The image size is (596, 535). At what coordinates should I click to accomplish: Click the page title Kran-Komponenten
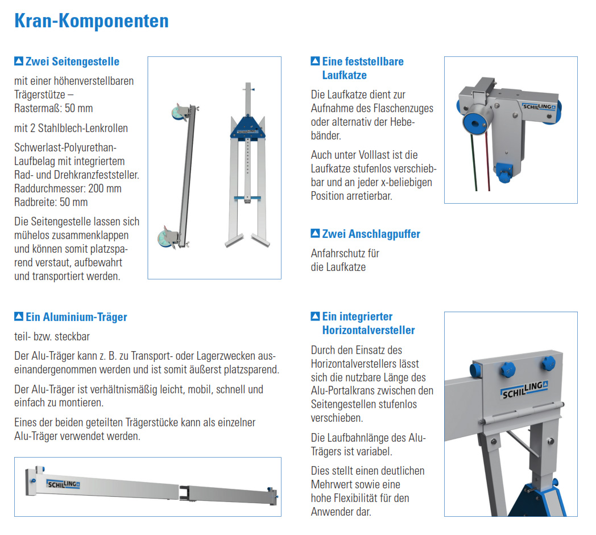click(91, 22)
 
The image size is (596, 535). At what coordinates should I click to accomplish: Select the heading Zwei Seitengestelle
click(72, 61)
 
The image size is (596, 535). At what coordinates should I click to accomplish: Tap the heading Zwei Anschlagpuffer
click(371, 234)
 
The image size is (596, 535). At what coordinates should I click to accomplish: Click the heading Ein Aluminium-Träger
click(76, 317)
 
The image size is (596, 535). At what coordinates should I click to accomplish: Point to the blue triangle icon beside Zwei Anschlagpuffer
click(315, 234)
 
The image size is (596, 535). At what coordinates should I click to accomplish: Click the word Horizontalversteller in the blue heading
click(369, 330)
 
